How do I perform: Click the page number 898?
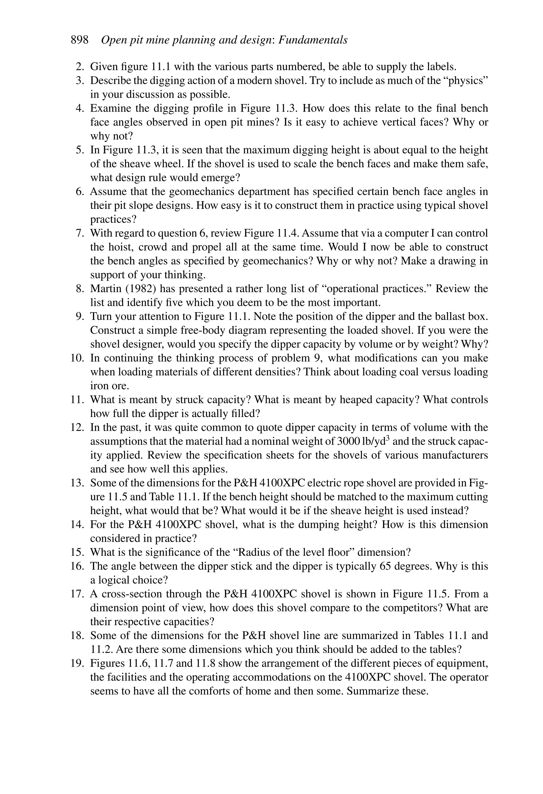pos(79,40)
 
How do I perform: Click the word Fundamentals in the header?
pos(313,40)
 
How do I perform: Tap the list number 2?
pos(80,67)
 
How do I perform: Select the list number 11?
pos(77,400)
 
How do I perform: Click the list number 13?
pos(77,483)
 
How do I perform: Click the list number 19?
pos(77,663)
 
